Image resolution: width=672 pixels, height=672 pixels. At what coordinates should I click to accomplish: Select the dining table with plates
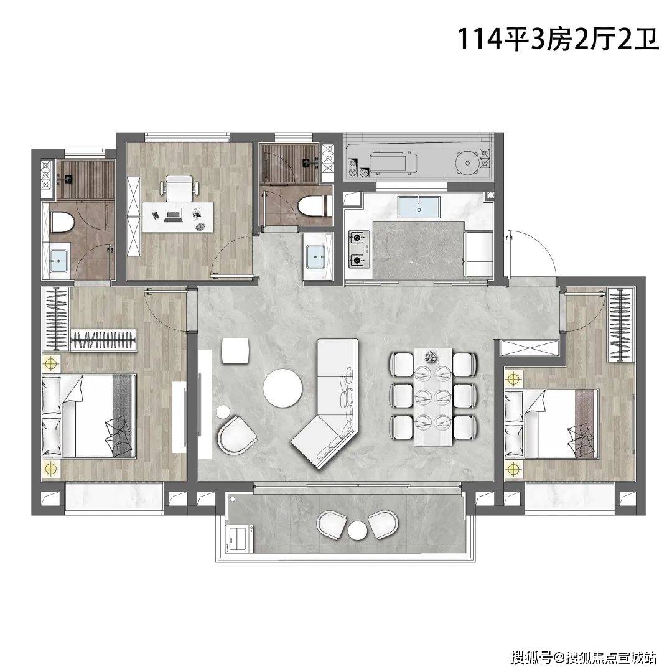[x=433, y=397]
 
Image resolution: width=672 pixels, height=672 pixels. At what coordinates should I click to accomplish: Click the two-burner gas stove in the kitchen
[x=359, y=249]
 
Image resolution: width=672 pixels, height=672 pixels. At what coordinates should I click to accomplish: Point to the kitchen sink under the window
[x=419, y=207]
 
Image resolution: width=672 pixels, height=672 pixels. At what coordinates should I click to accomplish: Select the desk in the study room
[x=178, y=217]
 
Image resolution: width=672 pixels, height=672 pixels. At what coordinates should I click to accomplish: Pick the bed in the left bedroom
[x=89, y=416]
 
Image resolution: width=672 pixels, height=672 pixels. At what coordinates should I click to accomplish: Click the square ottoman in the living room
[x=235, y=350]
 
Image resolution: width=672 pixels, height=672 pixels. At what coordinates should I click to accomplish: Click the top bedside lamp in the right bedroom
[x=513, y=379]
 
